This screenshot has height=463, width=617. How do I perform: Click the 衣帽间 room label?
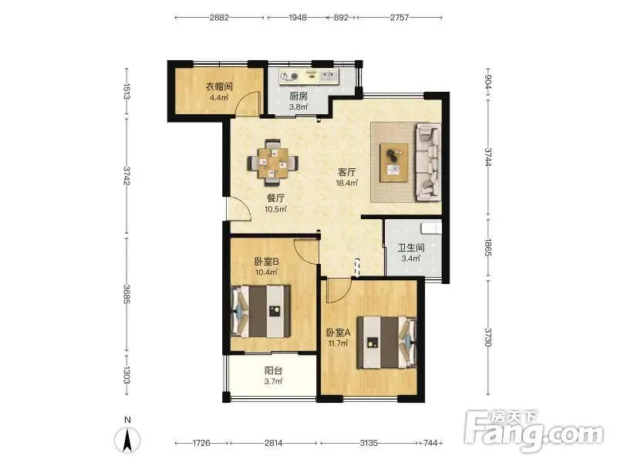pyautogui.click(x=219, y=86)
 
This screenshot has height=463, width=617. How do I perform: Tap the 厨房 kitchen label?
pyautogui.click(x=298, y=96)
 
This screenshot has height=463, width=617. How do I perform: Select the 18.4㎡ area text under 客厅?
pyautogui.click(x=346, y=183)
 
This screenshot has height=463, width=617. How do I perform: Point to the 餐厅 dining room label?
pyautogui.click(x=275, y=198)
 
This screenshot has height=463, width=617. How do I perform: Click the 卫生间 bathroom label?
pyautogui.click(x=411, y=248)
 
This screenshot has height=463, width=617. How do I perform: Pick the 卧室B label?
pyautogui.click(x=267, y=261)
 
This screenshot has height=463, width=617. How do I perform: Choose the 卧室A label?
pyautogui.click(x=339, y=333)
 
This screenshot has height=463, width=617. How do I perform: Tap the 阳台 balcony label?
pyautogui.click(x=274, y=370)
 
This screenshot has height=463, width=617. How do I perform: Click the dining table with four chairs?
pyautogui.click(x=273, y=163)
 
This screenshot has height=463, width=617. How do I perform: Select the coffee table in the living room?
pyautogui.click(x=393, y=163)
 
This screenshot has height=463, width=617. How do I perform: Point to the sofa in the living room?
pyautogui.click(x=428, y=162)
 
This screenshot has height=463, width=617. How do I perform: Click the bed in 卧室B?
pyautogui.click(x=261, y=311)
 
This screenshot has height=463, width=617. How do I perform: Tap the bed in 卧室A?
pyautogui.click(x=386, y=342)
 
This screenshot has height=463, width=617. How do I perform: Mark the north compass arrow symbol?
pyautogui.click(x=127, y=440)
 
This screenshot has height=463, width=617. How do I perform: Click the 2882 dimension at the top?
pyautogui.click(x=219, y=17)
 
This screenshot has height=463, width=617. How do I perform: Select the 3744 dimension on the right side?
pyautogui.click(x=488, y=157)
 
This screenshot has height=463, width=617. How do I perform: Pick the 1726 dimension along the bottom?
pyautogui.click(x=201, y=443)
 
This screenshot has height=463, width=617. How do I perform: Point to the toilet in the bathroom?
pyautogui.click(x=431, y=228)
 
